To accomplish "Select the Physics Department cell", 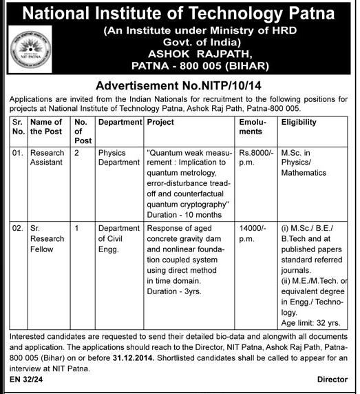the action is [x=118, y=158].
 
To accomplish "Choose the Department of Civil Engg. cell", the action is [x=118, y=240].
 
